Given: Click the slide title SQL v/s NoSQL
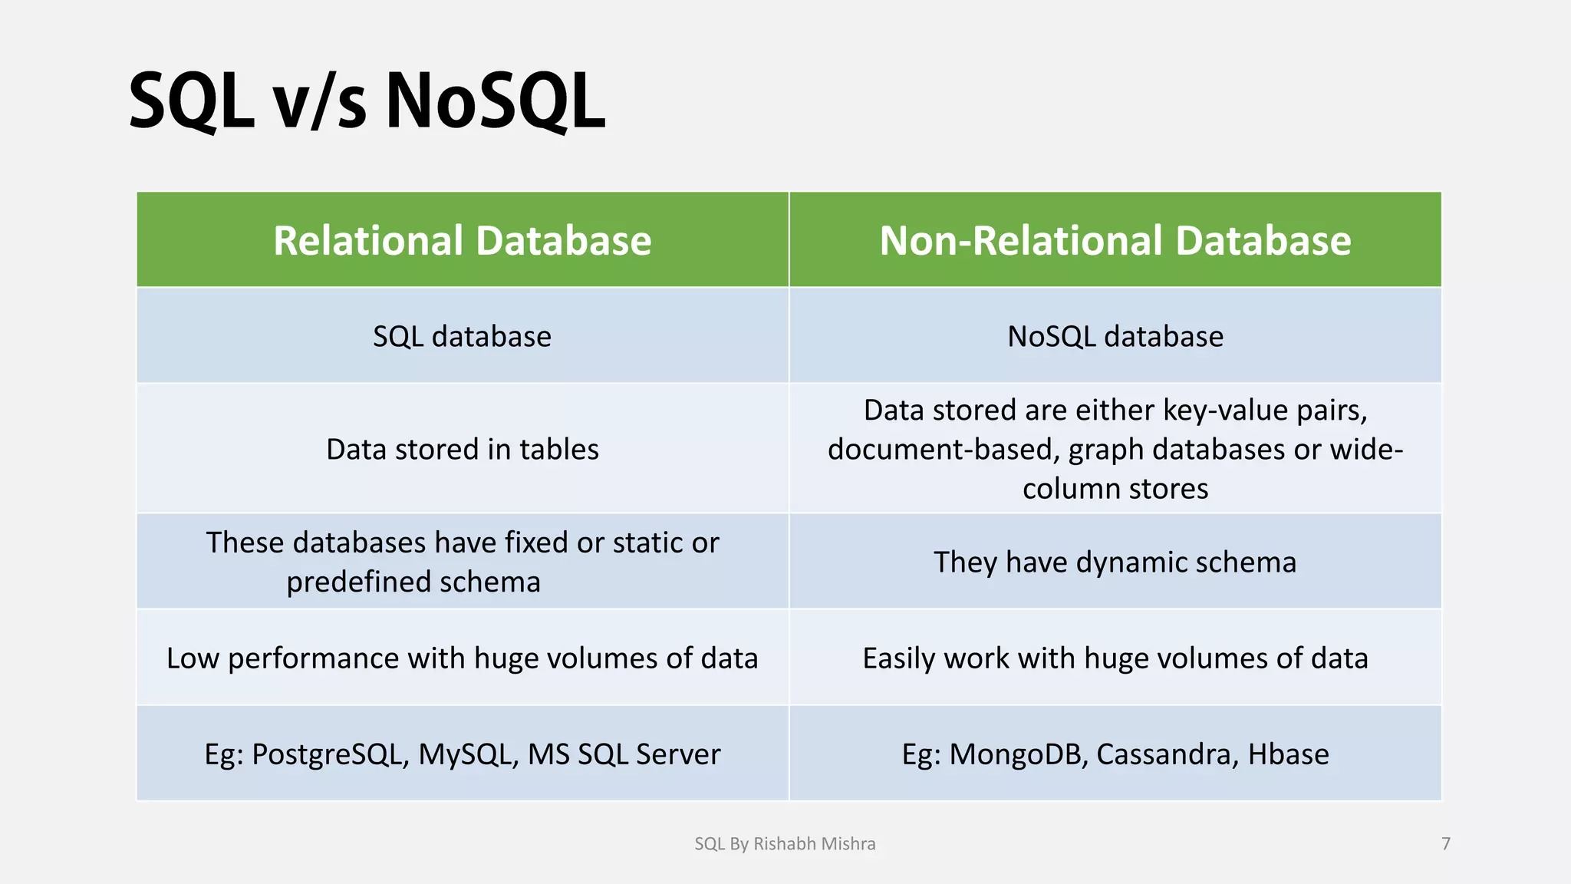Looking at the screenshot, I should tap(367, 101).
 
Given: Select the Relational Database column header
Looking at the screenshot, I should tap(462, 240).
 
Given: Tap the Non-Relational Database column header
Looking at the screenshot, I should tap(1115, 240).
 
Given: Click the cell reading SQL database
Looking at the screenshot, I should tap(462, 337).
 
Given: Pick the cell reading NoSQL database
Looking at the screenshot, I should tap(1115, 337).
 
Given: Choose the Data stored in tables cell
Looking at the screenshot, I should tap(462, 449).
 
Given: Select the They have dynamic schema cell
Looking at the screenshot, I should tap(1115, 562).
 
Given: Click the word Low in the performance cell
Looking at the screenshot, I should tap(192, 658).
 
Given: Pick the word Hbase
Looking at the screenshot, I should tap(1288, 754).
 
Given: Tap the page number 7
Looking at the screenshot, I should tap(1446, 844).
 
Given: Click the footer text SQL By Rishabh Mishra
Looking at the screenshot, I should tap(785, 844).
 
